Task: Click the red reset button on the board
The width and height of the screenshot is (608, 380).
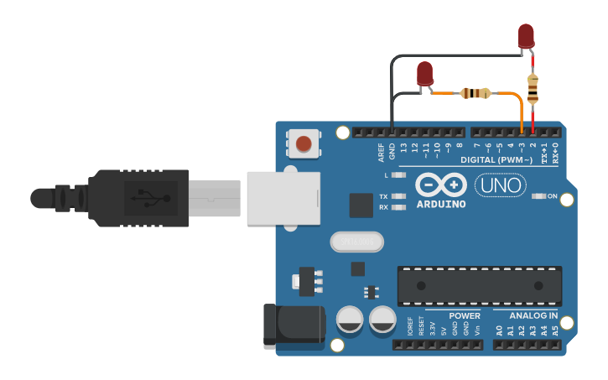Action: click(x=303, y=143)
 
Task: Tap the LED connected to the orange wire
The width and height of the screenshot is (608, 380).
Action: click(x=425, y=74)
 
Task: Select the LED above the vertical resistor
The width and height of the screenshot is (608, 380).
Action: click(x=526, y=36)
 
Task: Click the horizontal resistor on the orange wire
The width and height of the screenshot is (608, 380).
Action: click(x=475, y=92)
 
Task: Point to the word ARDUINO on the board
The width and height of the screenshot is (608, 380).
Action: click(x=439, y=204)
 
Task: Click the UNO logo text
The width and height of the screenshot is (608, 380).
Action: click(x=501, y=185)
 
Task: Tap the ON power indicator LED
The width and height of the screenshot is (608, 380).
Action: click(x=538, y=196)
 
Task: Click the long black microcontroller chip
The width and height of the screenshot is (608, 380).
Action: click(x=480, y=286)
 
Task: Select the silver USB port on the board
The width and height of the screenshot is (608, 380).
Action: click(x=283, y=198)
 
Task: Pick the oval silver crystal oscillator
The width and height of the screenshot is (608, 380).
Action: click(x=356, y=242)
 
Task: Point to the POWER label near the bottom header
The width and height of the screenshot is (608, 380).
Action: click(x=465, y=316)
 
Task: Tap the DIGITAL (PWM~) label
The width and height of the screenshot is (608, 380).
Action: click(x=496, y=159)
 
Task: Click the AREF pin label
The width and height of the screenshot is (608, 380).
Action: click(x=381, y=152)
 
